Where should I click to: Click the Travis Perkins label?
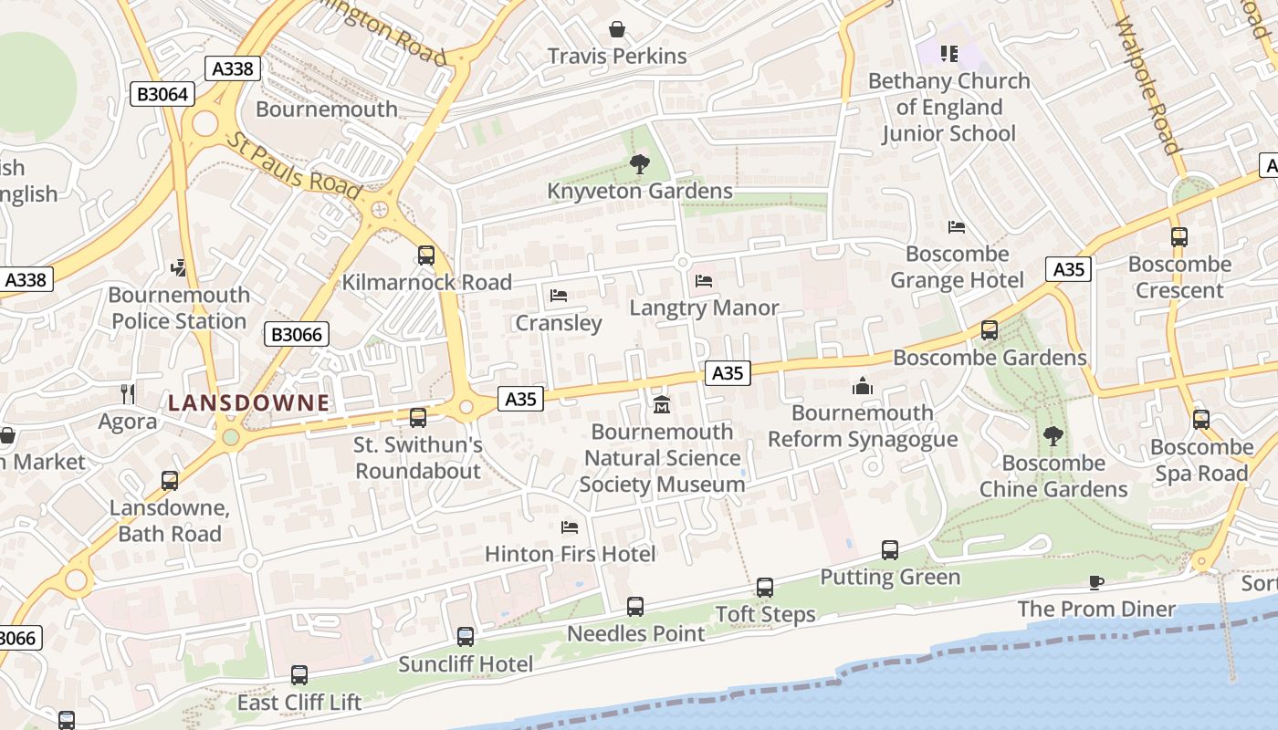coord(617,56)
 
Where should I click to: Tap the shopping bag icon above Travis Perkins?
coord(617,29)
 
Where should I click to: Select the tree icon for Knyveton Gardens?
coord(639,164)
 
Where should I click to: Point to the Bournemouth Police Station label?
coord(179,308)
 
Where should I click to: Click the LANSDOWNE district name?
coord(248,402)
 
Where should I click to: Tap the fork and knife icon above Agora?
coord(128,394)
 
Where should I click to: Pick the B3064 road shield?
coord(162,94)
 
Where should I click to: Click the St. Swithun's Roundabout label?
coord(418,458)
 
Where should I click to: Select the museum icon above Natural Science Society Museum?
coord(662,404)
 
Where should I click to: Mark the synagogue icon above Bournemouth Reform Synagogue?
coord(863,386)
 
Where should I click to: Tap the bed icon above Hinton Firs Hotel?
coord(570,527)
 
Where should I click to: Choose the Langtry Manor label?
coord(704,308)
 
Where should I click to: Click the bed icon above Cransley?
coord(559,296)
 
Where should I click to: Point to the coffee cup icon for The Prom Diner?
coord(1096,582)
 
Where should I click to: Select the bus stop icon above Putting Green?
coord(890,550)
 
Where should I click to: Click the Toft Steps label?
coord(765,614)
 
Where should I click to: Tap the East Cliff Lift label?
coord(299,703)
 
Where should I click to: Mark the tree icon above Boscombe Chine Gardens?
coord(1053,436)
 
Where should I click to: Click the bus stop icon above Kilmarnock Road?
coord(426,255)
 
